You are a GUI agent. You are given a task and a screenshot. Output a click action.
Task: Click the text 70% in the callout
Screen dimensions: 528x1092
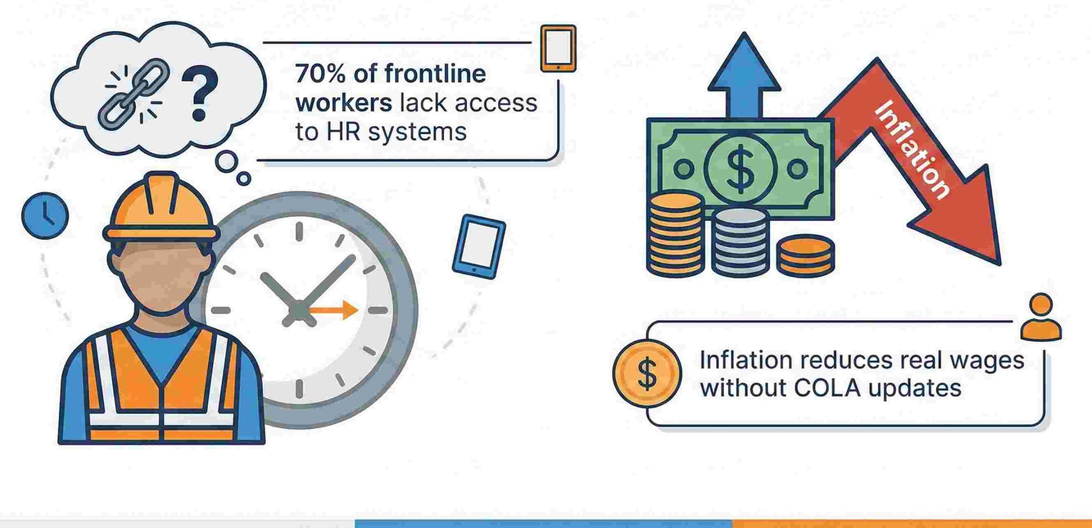(320, 74)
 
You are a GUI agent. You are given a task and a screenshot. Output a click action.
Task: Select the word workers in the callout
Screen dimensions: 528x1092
(343, 103)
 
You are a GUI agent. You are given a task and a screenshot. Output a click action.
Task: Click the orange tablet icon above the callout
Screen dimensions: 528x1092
(558, 48)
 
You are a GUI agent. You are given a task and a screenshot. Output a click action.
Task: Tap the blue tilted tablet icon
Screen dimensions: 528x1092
(479, 246)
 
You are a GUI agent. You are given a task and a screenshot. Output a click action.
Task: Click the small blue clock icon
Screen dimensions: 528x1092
(45, 215)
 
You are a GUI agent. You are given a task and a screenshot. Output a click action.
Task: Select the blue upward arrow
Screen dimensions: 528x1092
(744, 77)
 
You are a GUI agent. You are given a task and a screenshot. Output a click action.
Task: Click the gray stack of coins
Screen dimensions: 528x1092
(740, 242)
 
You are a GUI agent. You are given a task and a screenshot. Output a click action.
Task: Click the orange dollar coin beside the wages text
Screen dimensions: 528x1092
(647, 373)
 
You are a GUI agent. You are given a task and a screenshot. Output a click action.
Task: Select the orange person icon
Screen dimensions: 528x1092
(1041, 317)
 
